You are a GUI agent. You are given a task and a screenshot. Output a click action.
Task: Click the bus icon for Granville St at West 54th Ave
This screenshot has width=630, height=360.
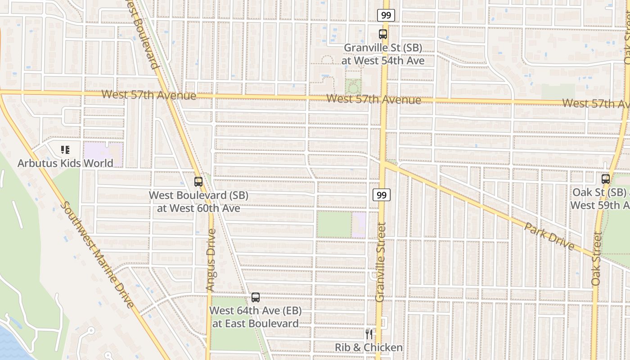(x=382, y=34)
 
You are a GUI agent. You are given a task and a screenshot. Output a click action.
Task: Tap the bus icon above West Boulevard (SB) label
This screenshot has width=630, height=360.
(x=198, y=182)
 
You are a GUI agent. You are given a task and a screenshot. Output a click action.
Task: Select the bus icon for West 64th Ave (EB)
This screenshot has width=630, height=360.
(x=256, y=297)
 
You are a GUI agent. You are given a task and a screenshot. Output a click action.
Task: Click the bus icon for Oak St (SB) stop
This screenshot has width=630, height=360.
(x=606, y=179)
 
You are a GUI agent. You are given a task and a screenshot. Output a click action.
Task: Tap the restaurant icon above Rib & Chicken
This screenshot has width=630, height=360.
(x=369, y=334)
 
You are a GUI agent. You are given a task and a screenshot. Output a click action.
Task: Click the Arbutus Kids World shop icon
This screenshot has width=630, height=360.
(x=65, y=149)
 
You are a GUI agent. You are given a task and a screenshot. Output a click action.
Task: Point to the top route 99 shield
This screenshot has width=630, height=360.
(x=386, y=15)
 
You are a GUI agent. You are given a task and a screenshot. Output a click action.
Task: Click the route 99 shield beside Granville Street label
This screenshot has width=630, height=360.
(x=382, y=195)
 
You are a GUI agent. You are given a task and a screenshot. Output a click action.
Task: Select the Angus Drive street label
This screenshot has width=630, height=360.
(x=211, y=260)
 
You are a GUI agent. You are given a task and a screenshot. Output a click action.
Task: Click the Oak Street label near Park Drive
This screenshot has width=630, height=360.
(x=597, y=258)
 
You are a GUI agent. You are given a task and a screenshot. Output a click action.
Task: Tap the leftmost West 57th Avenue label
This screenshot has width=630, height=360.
(x=149, y=95)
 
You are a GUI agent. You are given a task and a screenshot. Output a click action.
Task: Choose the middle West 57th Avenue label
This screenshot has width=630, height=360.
(x=373, y=99)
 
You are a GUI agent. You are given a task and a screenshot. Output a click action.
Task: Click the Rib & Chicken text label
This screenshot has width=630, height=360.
(x=369, y=347)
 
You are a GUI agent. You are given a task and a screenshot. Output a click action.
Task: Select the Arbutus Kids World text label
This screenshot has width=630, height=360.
(x=65, y=163)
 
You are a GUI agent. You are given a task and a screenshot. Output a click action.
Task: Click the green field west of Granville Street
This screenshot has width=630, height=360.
(x=334, y=225)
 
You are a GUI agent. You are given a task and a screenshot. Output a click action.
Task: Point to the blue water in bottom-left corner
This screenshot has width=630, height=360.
(x=11, y=346)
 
